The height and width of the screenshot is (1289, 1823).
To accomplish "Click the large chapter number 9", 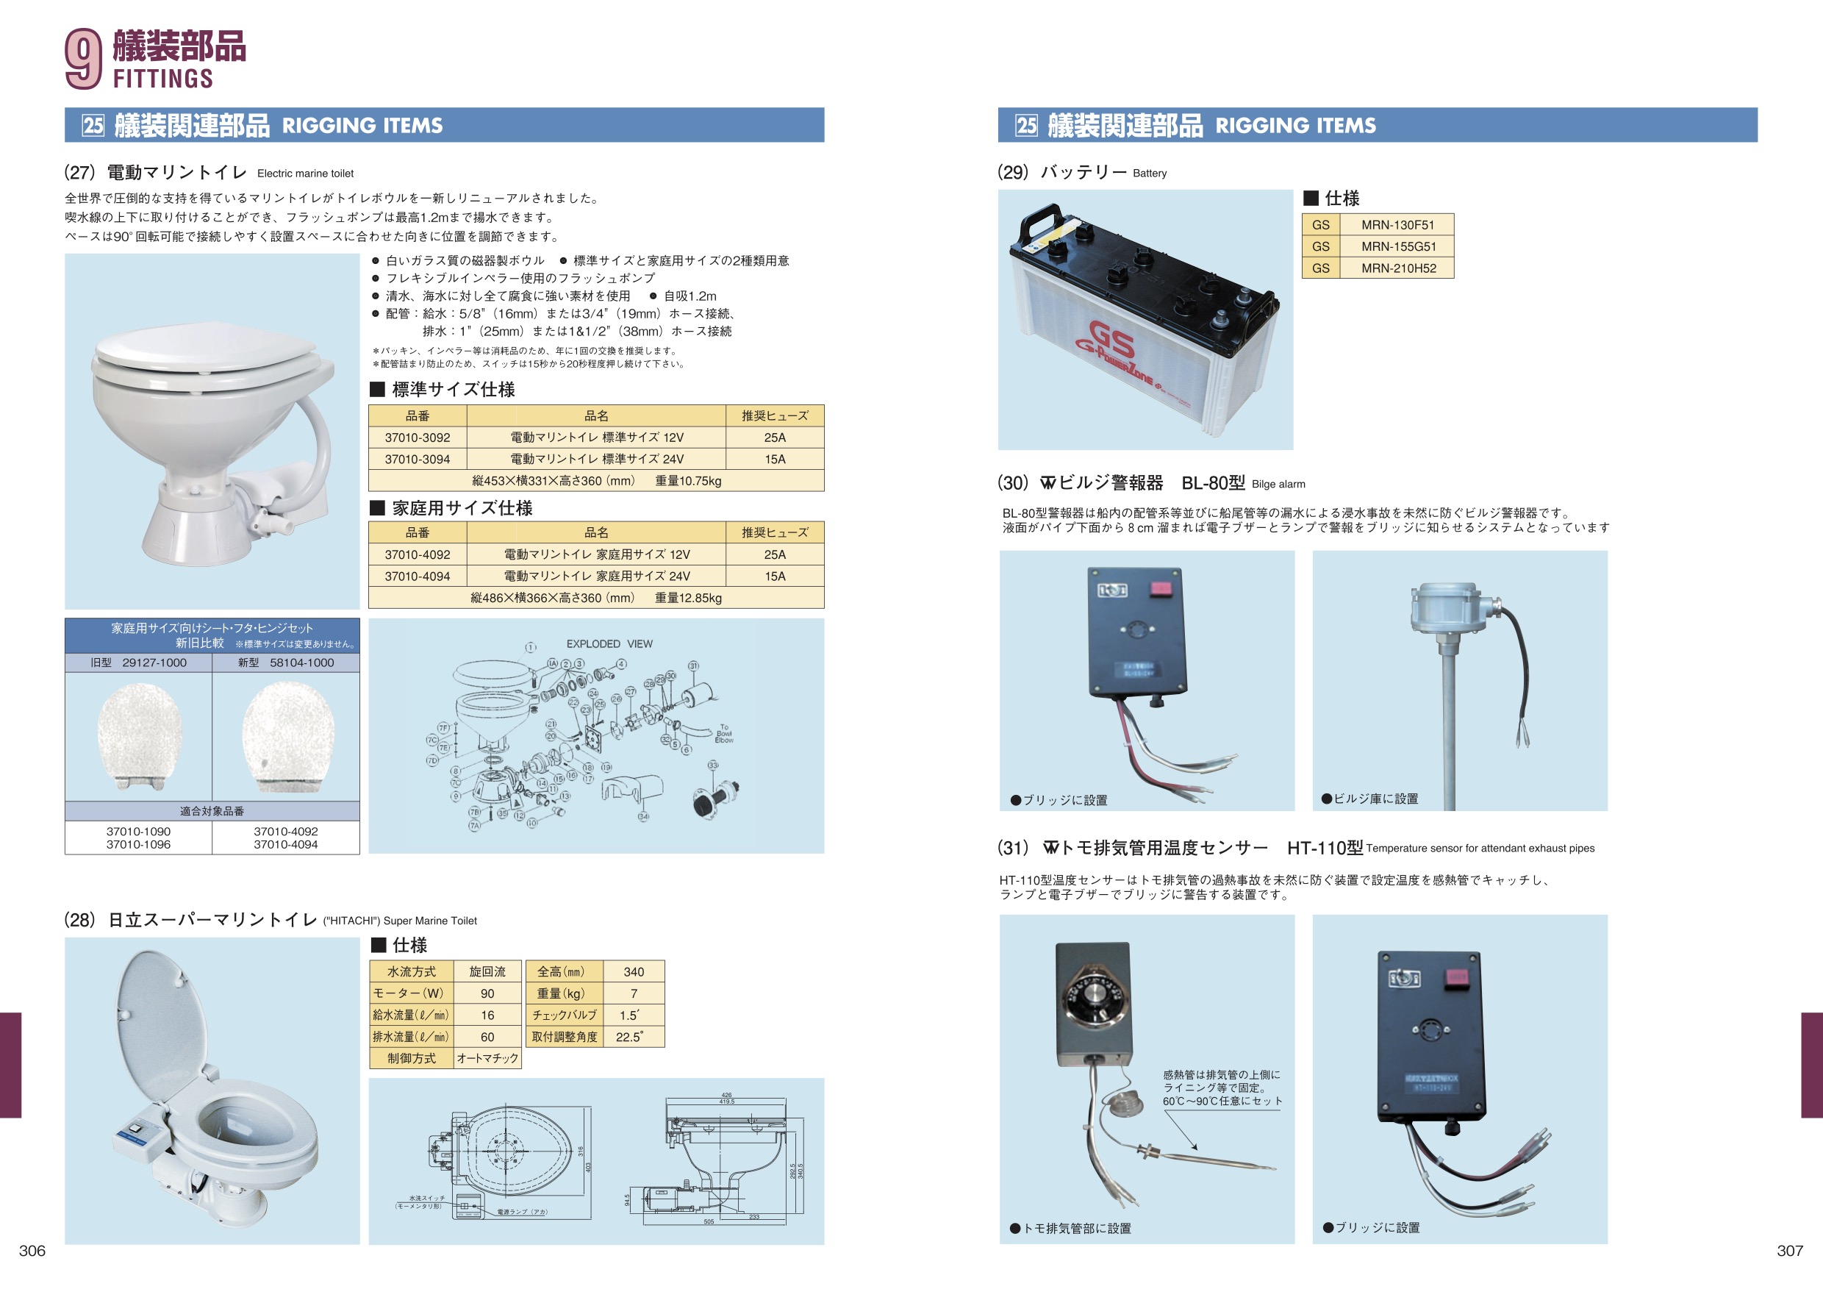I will tap(82, 58).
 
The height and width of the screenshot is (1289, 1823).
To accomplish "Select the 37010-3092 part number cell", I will tap(417, 438).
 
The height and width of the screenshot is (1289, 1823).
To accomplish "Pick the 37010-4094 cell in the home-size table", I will tap(417, 576).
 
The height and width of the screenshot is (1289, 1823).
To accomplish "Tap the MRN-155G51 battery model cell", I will tap(1398, 247).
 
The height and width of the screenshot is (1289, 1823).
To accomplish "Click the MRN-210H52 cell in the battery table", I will tap(1398, 268).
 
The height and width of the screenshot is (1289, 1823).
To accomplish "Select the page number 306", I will tap(32, 1251).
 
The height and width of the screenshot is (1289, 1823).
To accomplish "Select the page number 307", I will tap(1790, 1251).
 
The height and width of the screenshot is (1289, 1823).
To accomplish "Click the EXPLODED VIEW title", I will tap(609, 644).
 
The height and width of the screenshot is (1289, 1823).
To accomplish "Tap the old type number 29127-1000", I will tap(154, 663).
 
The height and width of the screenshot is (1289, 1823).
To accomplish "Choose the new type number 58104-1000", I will tap(301, 663).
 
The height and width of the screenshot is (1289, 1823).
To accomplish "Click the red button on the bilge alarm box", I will tap(1161, 588).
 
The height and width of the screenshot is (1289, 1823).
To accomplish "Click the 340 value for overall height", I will tap(634, 972).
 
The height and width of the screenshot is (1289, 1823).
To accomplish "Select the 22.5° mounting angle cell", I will tap(628, 1038).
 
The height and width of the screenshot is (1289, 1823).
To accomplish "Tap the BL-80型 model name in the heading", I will tap(1212, 483).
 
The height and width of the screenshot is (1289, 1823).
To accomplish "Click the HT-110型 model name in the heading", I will tap(1325, 849).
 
